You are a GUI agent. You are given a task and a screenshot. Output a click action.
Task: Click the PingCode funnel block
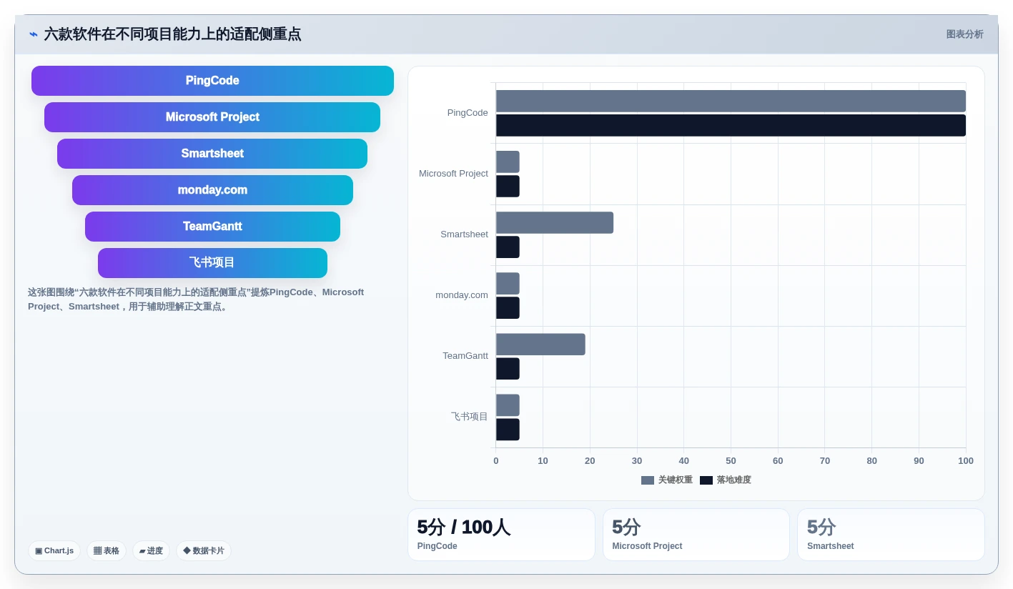212,81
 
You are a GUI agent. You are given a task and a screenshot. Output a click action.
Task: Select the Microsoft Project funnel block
212,117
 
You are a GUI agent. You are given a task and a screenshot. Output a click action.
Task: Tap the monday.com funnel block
212,190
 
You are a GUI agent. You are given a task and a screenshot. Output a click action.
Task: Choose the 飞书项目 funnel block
212,262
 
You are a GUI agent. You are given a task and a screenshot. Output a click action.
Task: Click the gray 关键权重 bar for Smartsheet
555,223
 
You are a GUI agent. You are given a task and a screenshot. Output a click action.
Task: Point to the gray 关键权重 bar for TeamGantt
540,345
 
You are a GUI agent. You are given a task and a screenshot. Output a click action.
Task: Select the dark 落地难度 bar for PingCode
731,125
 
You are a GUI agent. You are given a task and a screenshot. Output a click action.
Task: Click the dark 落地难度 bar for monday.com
508,308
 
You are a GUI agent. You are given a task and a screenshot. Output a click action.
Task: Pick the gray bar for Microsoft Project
508,162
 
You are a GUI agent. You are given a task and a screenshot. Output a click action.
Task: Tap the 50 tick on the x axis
731,460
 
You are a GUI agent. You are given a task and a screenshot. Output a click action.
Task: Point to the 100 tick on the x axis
966,460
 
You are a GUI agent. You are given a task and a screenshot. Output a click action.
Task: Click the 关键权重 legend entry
666,480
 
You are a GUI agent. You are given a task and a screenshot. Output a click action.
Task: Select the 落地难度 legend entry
726,480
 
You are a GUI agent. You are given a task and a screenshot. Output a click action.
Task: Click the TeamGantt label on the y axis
465,356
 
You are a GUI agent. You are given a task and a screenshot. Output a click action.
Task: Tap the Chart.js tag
54,550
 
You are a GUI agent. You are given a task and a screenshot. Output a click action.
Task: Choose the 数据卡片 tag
204,550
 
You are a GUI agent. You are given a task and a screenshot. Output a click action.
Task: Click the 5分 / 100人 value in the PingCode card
463,528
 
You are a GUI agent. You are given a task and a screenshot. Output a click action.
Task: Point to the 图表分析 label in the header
964,34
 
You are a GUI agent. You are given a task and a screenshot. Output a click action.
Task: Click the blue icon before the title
34,34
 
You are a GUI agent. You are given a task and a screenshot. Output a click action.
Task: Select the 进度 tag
151,550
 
